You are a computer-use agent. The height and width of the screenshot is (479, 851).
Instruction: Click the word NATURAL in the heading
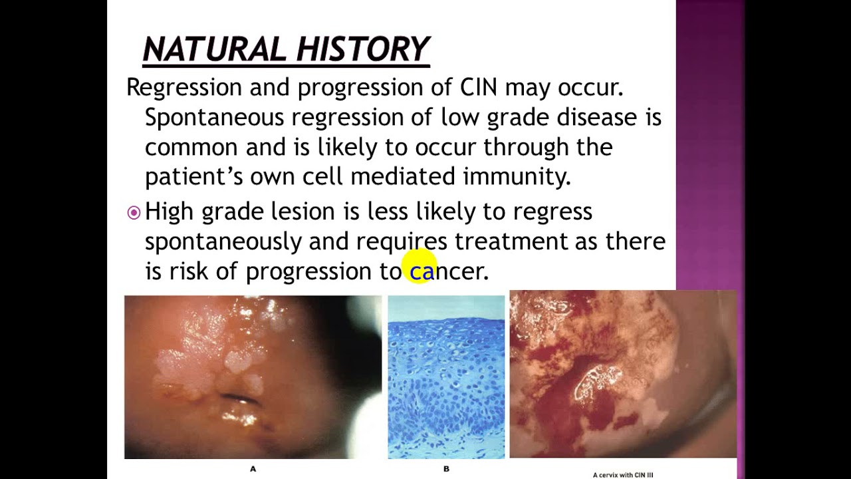(213, 49)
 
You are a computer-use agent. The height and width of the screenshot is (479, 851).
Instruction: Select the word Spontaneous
(214, 118)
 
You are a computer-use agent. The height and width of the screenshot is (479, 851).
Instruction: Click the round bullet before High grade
(134, 213)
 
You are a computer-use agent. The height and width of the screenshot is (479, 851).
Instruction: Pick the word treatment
(511, 241)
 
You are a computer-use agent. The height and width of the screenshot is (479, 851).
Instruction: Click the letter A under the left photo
(253, 469)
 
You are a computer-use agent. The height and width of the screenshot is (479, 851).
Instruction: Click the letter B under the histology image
(446, 469)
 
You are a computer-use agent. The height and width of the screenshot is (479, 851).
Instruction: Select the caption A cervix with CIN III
(623, 474)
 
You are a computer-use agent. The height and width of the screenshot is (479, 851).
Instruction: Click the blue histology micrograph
(446, 377)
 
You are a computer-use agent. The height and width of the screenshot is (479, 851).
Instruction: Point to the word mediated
(403, 176)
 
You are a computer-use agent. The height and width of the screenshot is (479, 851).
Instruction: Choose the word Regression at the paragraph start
(183, 87)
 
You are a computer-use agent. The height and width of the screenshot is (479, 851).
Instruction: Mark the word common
(191, 147)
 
